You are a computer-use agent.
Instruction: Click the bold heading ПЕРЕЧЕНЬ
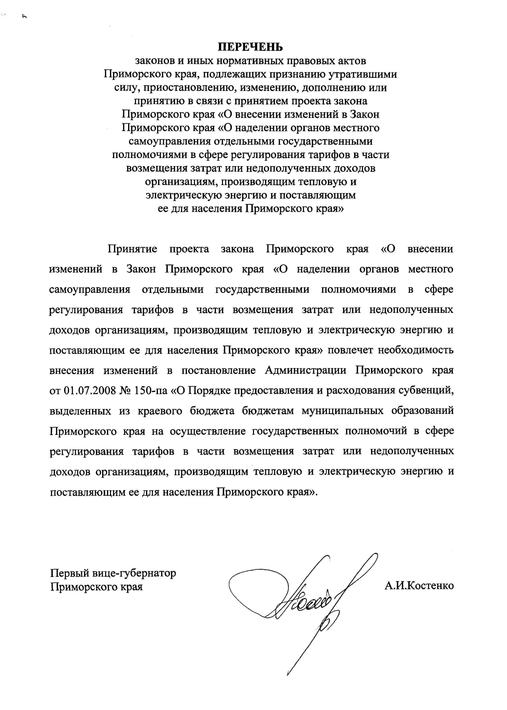pos(250,47)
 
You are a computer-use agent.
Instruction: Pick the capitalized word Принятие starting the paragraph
pos(132,249)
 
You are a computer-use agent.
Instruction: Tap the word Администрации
pos(305,371)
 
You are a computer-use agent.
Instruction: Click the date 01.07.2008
pos(89,391)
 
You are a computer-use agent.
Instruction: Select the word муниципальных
pos(342,411)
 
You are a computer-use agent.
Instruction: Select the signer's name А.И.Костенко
pos(419,586)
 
